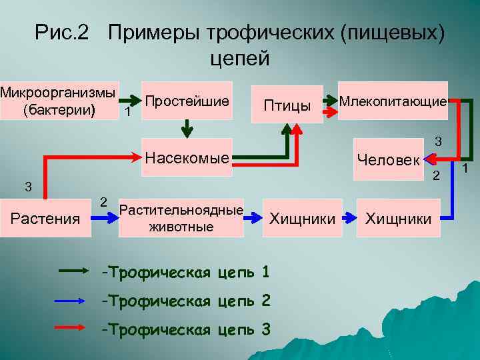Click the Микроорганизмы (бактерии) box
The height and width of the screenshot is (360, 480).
coord(57,101)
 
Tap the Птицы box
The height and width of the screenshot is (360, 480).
coord(287,105)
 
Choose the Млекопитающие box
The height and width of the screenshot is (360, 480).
coord(393,101)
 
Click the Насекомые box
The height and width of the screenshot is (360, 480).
coord(187,157)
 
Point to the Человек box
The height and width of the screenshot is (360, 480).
coord(389,159)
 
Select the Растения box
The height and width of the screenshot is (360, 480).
coord(45,218)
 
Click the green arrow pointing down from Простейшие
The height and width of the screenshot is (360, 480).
coord(188,125)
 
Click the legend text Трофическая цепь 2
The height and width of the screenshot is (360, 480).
coord(186,301)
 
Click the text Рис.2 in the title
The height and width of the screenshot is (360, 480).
coord(62,32)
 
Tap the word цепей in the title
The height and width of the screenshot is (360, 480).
coord(239,58)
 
